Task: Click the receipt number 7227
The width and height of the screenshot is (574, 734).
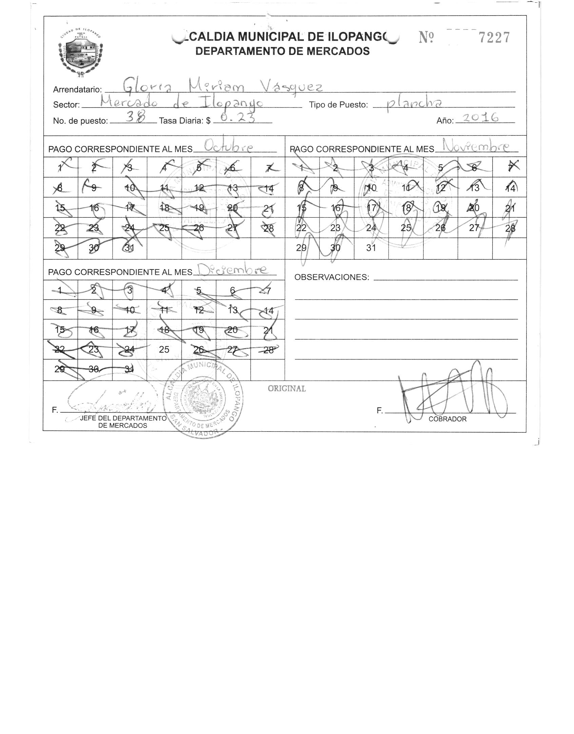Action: point(494,38)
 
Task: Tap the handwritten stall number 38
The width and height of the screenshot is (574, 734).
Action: point(135,117)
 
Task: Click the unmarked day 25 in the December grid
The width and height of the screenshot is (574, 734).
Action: point(164,350)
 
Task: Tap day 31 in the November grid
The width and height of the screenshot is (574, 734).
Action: point(371,248)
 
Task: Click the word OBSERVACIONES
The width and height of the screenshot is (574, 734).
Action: point(332,277)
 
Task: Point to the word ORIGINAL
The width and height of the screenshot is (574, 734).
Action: point(287,389)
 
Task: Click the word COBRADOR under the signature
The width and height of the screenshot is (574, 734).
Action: point(448,419)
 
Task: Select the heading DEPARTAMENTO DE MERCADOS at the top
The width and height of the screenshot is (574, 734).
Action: point(283,51)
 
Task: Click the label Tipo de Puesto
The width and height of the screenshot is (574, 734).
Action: point(338,105)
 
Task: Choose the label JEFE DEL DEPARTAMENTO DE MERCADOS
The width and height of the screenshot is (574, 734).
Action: point(123,422)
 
